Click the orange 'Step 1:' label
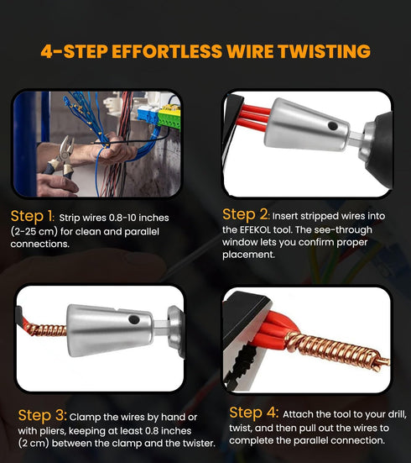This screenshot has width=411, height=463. (32, 214)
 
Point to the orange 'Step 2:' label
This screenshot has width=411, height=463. (246, 214)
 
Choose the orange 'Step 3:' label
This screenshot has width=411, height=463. (42, 415)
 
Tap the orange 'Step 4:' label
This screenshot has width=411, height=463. (253, 413)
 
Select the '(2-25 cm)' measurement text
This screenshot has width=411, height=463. (39, 230)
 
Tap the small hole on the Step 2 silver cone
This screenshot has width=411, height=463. (332, 125)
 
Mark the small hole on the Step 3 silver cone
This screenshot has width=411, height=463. (133, 319)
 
